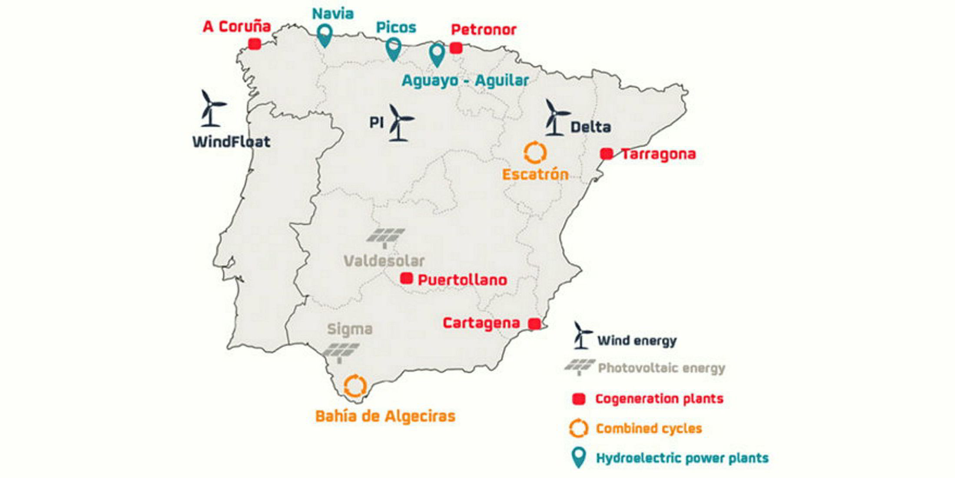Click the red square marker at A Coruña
(255, 44)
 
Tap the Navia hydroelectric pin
(324, 35)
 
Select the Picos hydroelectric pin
(394, 48)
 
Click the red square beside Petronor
(456, 48)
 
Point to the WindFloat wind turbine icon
(212, 108)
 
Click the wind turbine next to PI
(399, 123)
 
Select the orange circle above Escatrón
(535, 153)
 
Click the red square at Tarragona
(607, 154)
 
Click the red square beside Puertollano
(406, 278)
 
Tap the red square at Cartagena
(534, 324)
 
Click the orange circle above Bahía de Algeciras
(355, 385)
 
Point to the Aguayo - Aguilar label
(465, 80)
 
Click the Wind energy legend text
(637, 341)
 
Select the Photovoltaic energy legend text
(661, 368)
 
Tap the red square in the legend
(579, 399)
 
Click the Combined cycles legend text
(649, 428)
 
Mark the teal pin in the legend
(578, 458)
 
